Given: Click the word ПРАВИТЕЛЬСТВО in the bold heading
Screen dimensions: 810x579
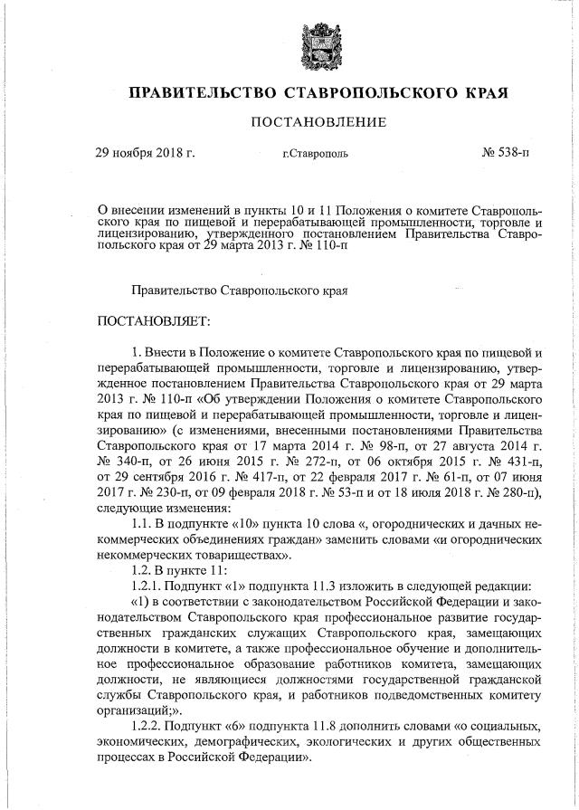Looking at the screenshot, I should click(x=201, y=93).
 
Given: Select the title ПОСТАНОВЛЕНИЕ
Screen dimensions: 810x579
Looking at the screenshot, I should click(x=312, y=122).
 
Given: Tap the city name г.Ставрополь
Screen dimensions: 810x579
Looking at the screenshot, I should click(x=314, y=154).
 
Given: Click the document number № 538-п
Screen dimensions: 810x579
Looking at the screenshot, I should click(x=506, y=152).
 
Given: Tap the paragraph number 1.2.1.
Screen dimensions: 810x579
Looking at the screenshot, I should click(x=151, y=585).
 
